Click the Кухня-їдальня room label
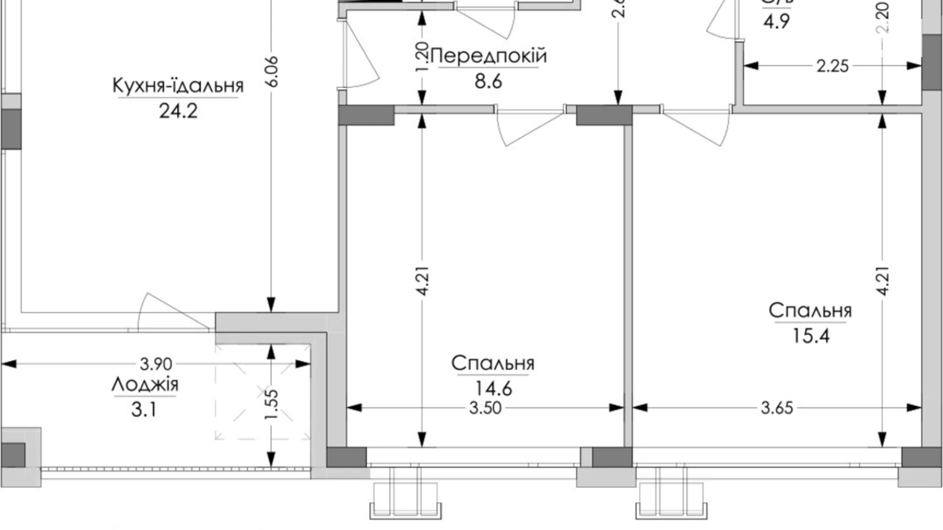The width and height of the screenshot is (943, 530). (x=178, y=86)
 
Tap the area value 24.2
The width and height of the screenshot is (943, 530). (x=178, y=111)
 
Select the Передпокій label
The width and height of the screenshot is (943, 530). (x=489, y=56)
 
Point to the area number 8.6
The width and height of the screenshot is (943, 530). (x=488, y=81)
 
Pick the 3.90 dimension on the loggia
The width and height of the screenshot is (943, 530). (x=156, y=364)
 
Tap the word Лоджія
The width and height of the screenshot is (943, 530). (x=145, y=384)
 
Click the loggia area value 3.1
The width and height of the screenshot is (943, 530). (x=144, y=409)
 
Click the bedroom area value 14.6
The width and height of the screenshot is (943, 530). (x=493, y=389)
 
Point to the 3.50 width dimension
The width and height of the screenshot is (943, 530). (x=485, y=408)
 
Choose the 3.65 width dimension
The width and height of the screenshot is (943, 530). (x=777, y=408)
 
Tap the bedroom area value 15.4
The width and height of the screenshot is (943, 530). (x=810, y=336)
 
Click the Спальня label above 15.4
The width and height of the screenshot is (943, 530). (x=810, y=311)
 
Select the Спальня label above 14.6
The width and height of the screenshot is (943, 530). (x=493, y=363)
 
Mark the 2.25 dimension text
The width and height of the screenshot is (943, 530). (x=832, y=66)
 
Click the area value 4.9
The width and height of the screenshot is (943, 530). (x=776, y=22)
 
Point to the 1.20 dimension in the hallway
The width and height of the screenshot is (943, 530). (x=422, y=57)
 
